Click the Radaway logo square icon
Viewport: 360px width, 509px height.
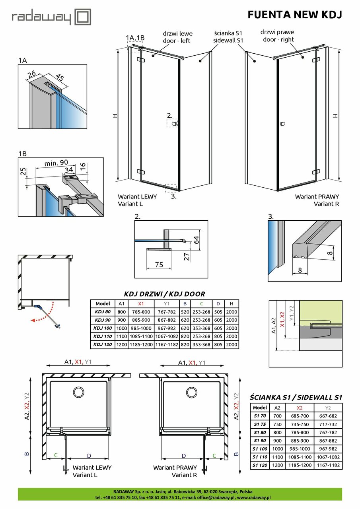click(x=83, y=17)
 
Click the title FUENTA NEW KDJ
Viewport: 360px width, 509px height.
click(x=295, y=15)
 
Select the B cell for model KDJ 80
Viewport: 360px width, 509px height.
click(x=185, y=312)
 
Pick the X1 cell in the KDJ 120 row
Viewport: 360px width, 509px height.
click(x=141, y=344)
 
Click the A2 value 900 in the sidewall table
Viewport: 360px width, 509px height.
click(x=277, y=441)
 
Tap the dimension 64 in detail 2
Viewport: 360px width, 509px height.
click(x=195, y=240)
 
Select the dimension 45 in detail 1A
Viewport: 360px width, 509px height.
click(x=59, y=77)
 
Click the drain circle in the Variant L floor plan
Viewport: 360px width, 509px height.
click(x=78, y=392)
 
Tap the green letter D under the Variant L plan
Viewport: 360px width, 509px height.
click(x=89, y=455)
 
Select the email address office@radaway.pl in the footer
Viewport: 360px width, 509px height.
click(x=213, y=497)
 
